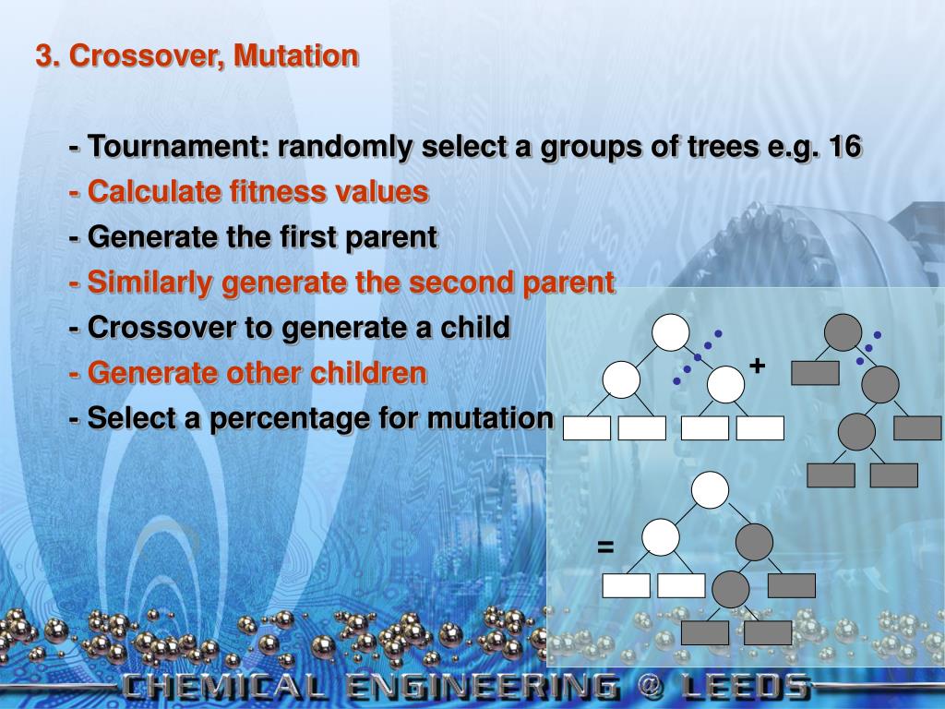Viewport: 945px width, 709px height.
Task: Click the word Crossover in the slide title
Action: pyautogui.click(x=150, y=56)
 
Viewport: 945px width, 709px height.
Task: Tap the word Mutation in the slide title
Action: pyautogui.click(x=296, y=54)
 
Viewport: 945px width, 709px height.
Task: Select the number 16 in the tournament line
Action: pyautogui.click(x=845, y=147)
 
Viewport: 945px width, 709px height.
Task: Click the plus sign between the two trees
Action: pyautogui.click(x=757, y=366)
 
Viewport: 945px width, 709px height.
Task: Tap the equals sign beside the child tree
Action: pyautogui.click(x=605, y=547)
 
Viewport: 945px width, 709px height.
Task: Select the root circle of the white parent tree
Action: pyautogui.click(x=670, y=332)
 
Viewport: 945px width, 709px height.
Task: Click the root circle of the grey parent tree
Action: pyautogui.click(x=843, y=332)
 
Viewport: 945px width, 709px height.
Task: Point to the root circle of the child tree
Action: pyautogui.click(x=710, y=490)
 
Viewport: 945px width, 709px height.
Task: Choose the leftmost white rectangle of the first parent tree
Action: pyautogui.click(x=587, y=428)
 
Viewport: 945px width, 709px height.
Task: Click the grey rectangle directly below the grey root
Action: pyautogui.click(x=815, y=373)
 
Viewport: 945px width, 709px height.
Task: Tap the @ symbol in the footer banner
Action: pyautogui.click(x=649, y=687)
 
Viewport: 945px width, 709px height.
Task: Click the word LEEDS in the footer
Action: pyautogui.click(x=746, y=687)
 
